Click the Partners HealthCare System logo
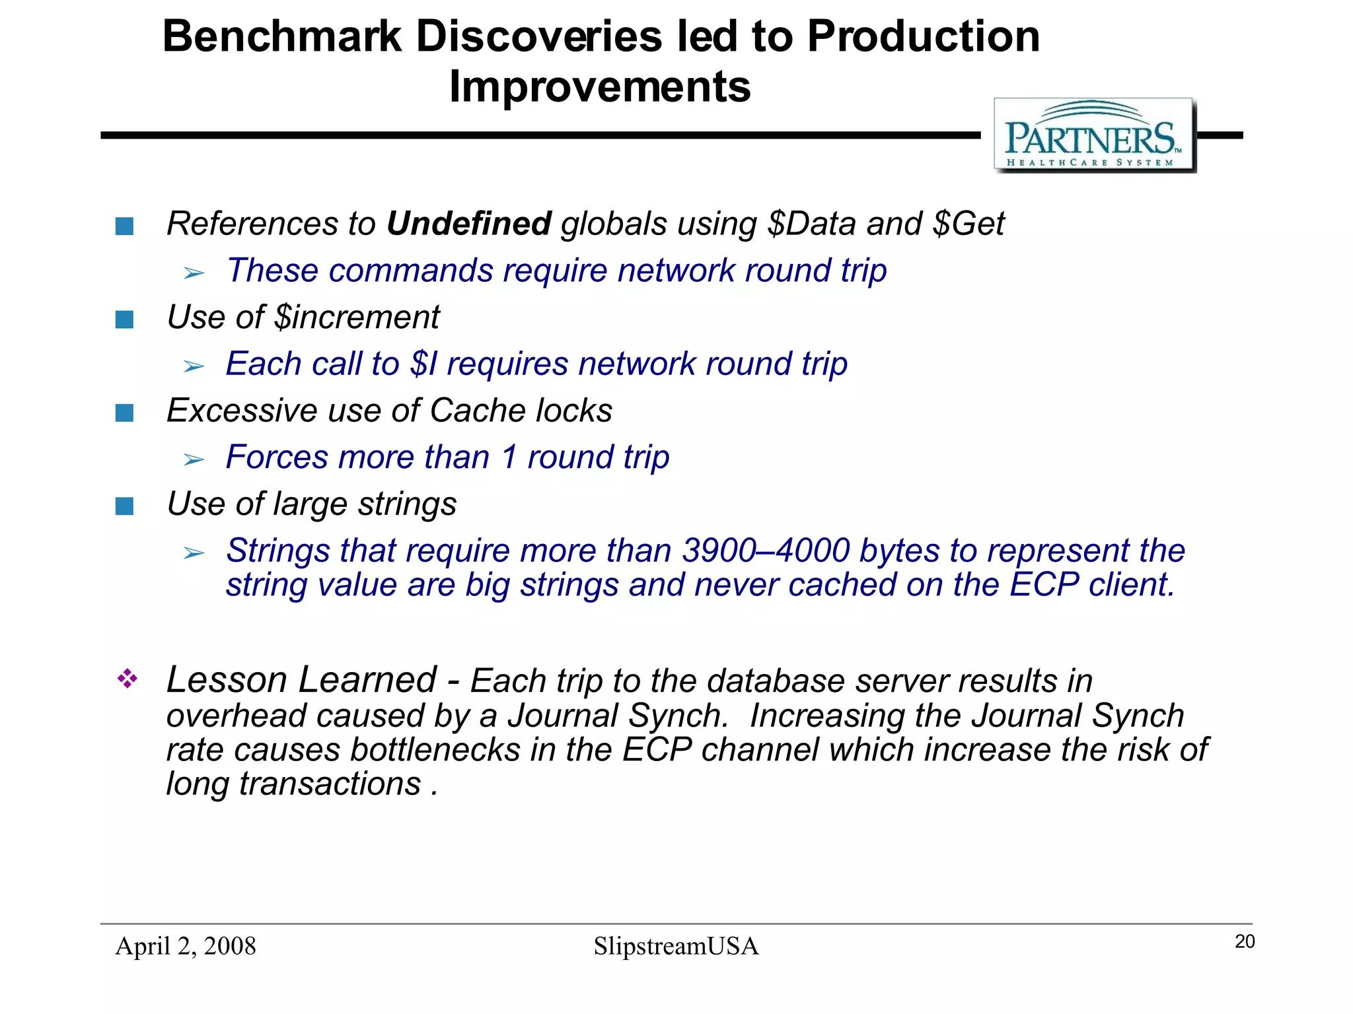[1094, 136]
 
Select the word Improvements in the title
[599, 86]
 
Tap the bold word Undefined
[468, 224]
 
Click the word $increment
[357, 318]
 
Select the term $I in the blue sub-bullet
[423, 364]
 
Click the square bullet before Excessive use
[124, 413]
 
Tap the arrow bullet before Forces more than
[194, 459]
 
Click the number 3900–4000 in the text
[766, 551]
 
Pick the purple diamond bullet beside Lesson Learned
[127, 679]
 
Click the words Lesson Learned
[301, 680]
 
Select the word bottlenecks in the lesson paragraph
[435, 750]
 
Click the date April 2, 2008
[186, 946]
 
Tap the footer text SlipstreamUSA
[676, 946]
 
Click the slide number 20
[1244, 942]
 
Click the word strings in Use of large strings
[407, 504]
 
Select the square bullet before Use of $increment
[124, 320]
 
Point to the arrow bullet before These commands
[194, 273]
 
